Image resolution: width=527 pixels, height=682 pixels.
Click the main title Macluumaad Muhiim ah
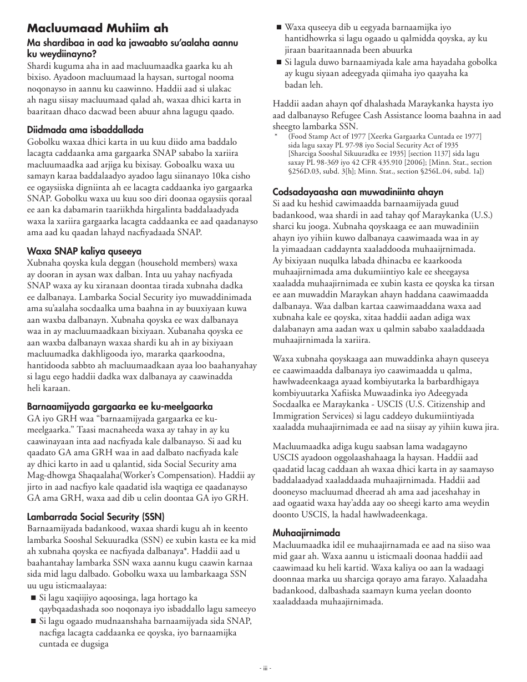pos(98,28)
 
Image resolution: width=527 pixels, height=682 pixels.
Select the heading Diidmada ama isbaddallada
pos(85,130)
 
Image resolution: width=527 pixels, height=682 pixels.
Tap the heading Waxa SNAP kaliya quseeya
pos(84,251)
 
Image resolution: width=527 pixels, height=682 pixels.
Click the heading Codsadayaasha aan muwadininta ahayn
pos(358,192)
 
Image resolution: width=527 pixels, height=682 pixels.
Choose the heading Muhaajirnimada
pos(306,533)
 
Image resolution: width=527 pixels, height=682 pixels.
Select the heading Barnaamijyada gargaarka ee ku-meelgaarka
pos(120,406)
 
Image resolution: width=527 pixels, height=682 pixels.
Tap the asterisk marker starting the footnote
pos(276,135)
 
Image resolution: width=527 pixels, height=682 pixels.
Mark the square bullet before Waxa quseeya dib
pos(278,27)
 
